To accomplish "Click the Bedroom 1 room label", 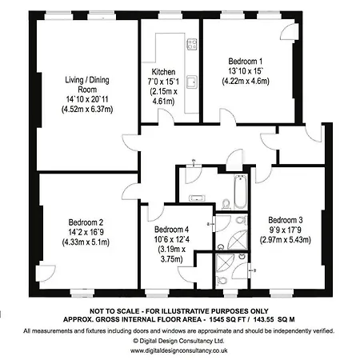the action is [x=246, y=62].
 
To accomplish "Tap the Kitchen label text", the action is [x=163, y=72].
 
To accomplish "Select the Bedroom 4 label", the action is [x=171, y=230].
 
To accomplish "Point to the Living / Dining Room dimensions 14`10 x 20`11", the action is [x=87, y=99].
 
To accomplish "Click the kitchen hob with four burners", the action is [x=192, y=44].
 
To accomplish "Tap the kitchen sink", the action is [x=192, y=82].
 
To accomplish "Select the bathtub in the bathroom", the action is [x=240, y=191].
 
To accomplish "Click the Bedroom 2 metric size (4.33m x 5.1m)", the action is [x=86, y=242].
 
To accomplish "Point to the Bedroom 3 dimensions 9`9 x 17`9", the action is [x=286, y=230].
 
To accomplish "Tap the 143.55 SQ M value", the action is [x=274, y=319].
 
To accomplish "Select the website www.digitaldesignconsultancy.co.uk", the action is [x=179, y=350].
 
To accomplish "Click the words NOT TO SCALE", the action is [x=114, y=311].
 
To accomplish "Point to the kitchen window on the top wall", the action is [x=170, y=15].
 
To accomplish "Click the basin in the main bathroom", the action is [x=197, y=198].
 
